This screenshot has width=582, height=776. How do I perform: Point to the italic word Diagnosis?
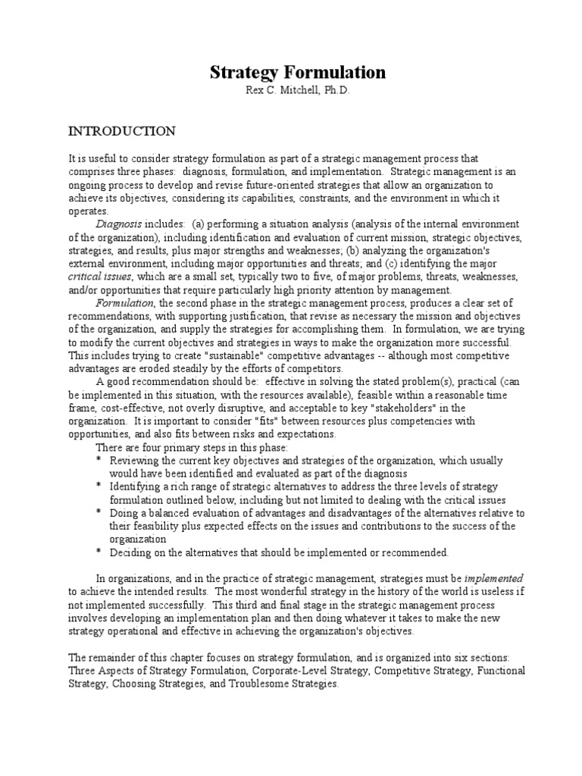(117, 224)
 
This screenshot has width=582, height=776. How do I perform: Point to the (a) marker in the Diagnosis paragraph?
(199, 224)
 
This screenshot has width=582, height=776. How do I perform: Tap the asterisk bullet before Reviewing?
(99, 461)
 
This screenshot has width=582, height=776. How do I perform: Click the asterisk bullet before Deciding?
(99, 552)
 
